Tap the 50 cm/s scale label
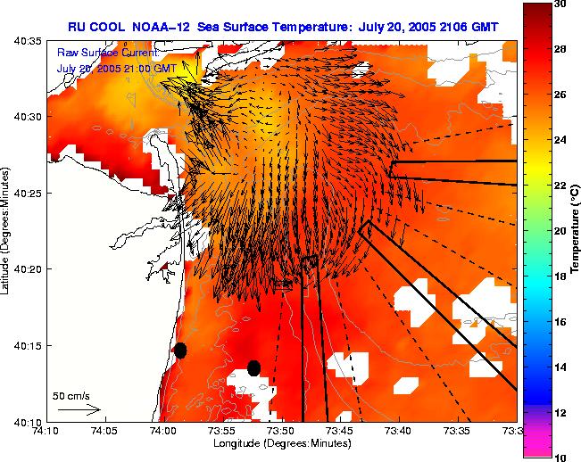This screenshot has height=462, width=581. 71,395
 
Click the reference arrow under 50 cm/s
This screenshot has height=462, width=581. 79,409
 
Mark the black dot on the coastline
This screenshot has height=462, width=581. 180,351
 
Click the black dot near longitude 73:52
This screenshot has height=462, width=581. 253,367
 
